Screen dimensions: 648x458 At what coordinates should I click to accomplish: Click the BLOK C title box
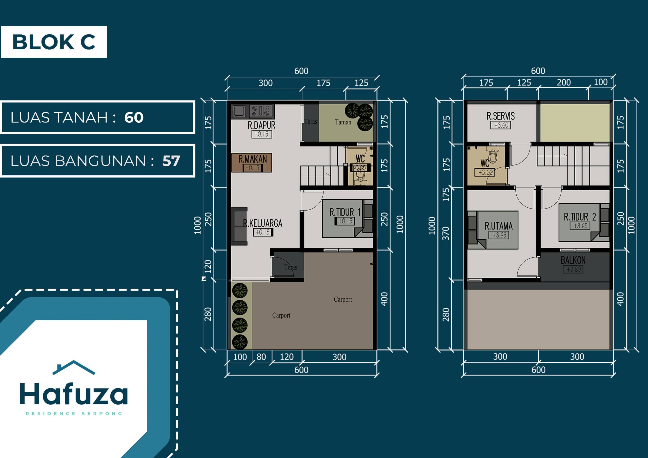coord(54,42)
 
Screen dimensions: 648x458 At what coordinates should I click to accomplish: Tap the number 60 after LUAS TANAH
coord(134,117)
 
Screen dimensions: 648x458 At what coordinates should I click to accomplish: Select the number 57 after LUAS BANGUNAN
coord(171,161)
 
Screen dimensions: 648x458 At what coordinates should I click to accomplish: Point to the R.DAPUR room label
coord(261,125)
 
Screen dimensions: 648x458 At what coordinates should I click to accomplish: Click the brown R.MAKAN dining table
coord(251,162)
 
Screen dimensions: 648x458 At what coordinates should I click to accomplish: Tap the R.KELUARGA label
coord(262,223)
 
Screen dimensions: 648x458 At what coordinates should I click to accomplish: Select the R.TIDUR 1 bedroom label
coord(345,212)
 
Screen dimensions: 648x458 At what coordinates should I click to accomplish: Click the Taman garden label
coord(343,122)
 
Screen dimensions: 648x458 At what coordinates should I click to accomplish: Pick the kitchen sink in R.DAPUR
coord(239,111)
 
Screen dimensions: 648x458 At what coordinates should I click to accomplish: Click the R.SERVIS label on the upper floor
coord(500,116)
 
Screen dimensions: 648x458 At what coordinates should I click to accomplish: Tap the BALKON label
coord(573,260)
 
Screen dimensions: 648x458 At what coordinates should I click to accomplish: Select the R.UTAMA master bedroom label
coord(498,226)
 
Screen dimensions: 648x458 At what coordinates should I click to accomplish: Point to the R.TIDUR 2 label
coord(580,217)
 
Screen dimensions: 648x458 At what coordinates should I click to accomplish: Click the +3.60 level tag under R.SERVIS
coord(501,125)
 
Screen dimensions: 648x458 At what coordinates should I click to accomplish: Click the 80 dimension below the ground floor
coord(261,357)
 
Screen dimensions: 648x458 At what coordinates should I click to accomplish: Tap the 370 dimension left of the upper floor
coord(446,233)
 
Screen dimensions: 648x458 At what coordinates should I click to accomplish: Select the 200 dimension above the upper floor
coord(564,82)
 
